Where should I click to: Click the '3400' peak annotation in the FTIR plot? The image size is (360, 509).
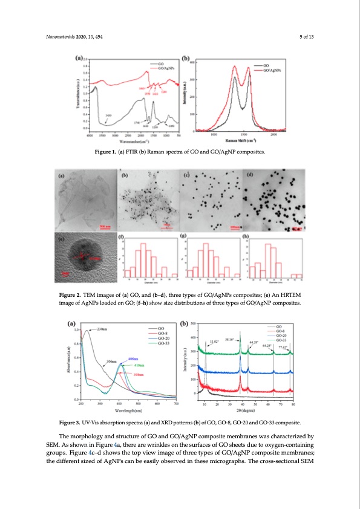(x=108, y=115)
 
